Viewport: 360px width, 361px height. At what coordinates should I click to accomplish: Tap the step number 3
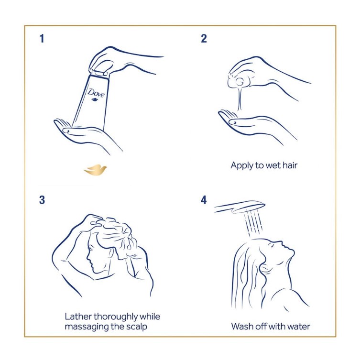point(42,200)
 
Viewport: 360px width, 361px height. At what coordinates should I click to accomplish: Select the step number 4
point(204,200)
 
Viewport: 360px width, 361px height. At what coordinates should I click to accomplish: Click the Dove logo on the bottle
point(96,94)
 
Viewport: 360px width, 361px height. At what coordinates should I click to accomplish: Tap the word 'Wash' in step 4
point(242,327)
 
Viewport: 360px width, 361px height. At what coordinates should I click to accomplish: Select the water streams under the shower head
point(253,223)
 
